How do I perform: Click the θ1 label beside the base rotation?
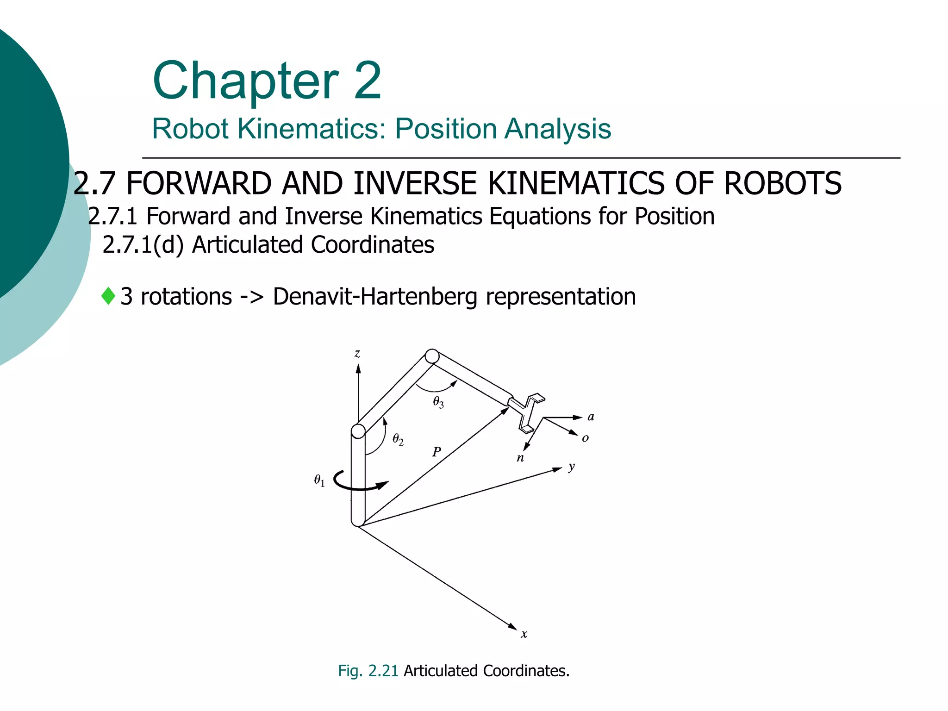point(319,480)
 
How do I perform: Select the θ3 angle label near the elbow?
point(438,402)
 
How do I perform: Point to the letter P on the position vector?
point(437,451)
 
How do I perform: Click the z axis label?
point(357,354)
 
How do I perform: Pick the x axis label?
point(524,634)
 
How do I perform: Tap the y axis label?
point(572,467)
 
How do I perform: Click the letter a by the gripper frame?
point(591,417)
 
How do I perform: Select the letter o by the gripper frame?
point(586,438)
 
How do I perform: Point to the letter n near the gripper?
point(520,458)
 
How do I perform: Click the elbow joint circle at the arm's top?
point(432,356)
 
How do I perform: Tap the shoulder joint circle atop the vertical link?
point(358,431)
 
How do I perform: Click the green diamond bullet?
point(108,296)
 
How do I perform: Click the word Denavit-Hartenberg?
point(375,297)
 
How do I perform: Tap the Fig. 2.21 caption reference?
point(368,671)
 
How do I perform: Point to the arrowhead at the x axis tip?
point(512,627)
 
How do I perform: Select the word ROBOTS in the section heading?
point(782,183)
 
